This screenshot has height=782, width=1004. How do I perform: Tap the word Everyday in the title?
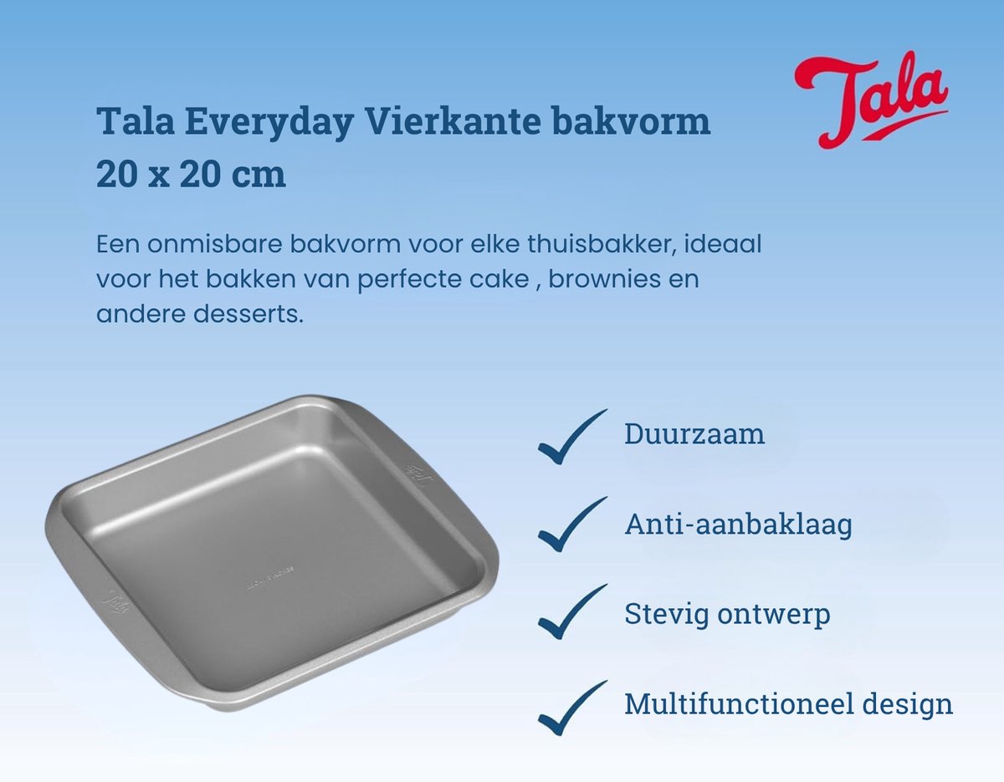point(269,122)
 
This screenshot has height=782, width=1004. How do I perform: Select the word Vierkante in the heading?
point(453,121)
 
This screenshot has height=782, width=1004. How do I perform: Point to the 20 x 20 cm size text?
point(191,174)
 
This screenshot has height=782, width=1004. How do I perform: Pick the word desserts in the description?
point(248,314)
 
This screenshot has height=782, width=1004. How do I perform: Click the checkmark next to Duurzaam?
point(572,437)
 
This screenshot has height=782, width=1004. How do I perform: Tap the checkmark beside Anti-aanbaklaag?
point(572,524)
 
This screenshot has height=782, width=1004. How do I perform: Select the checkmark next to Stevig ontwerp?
point(572,611)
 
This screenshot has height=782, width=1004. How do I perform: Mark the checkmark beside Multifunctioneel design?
point(572,708)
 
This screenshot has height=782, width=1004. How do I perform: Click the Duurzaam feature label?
point(694,434)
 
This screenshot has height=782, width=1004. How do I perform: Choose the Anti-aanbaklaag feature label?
point(738,524)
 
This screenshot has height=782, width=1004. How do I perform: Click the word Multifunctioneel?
point(738,704)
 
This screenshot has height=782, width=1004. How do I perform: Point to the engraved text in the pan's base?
point(269,577)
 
